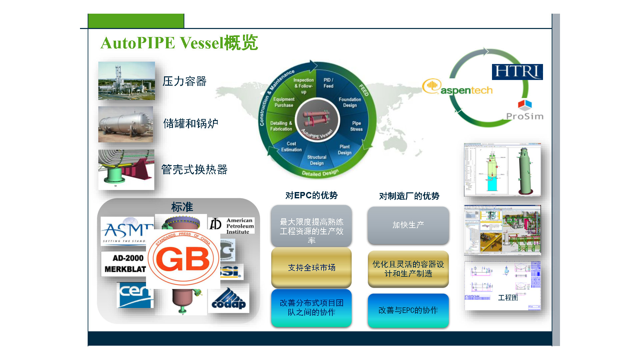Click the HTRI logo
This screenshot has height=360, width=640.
coord(517,72)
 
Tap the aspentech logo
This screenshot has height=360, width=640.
coord(457,87)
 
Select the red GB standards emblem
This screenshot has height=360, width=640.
coord(183,259)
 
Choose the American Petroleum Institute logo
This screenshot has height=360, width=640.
coord(232,226)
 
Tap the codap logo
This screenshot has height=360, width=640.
coord(229,299)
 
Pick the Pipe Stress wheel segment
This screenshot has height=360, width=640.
coord(356,126)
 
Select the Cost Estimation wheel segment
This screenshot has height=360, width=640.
coord(291,147)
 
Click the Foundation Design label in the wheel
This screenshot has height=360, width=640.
coord(350,102)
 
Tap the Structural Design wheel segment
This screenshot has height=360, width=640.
coord(317,160)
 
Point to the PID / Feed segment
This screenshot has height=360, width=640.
coord(328,83)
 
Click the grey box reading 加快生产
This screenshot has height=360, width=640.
coord(408,225)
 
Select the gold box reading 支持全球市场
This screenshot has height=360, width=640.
coord(311,267)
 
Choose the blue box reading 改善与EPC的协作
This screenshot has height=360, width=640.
coord(408,310)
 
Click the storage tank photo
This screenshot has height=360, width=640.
coord(126,124)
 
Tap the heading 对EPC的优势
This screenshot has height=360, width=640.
coord(311,195)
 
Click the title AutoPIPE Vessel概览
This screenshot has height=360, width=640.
coord(179,43)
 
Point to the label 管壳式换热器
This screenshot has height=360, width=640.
coord(194,169)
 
